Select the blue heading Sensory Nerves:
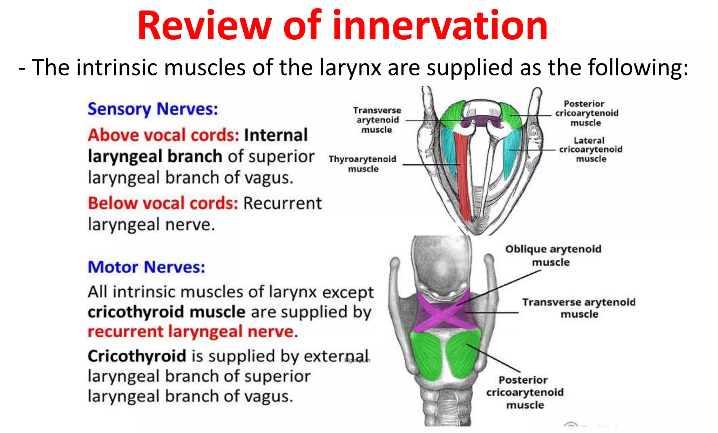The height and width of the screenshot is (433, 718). point(153,109)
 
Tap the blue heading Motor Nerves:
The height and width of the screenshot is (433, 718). point(146,267)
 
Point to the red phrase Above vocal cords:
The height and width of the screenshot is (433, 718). point(163,135)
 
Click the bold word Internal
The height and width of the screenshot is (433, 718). point(276,135)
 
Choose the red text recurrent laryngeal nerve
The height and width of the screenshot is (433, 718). point(191,332)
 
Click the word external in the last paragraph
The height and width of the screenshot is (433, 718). point(336,356)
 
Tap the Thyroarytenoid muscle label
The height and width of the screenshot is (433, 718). point(363,164)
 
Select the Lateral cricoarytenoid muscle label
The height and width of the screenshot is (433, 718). point(591,150)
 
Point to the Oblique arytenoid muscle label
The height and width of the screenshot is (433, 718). point(553,255)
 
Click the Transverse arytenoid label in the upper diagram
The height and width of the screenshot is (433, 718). point(377,120)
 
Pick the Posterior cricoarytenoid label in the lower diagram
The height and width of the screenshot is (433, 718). point(525,392)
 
